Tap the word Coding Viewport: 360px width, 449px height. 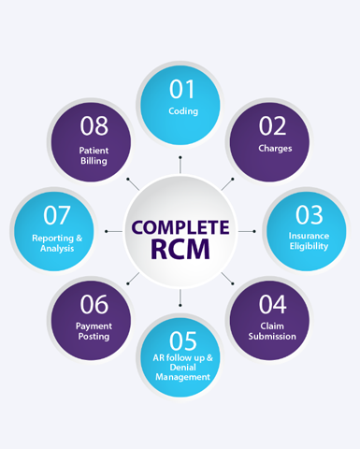(x=183, y=111)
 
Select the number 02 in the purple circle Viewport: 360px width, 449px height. (x=273, y=126)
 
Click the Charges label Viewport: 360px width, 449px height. (x=275, y=148)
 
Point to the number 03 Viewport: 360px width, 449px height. (x=309, y=216)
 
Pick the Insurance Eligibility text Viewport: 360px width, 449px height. (x=309, y=241)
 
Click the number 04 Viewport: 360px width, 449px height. (x=272, y=305)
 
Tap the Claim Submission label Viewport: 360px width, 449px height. (x=272, y=331)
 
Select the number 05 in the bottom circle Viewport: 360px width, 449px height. (x=182, y=342)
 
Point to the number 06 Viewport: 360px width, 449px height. (x=94, y=305)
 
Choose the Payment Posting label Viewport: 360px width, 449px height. (x=94, y=331)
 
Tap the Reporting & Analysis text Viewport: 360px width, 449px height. (x=57, y=242)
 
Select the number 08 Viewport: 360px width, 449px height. (x=94, y=126)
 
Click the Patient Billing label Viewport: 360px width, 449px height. (x=94, y=154)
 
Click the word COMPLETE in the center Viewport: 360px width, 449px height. (x=180, y=226)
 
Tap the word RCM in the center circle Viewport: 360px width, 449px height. (x=181, y=250)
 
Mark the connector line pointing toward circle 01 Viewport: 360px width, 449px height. (x=180, y=165)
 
